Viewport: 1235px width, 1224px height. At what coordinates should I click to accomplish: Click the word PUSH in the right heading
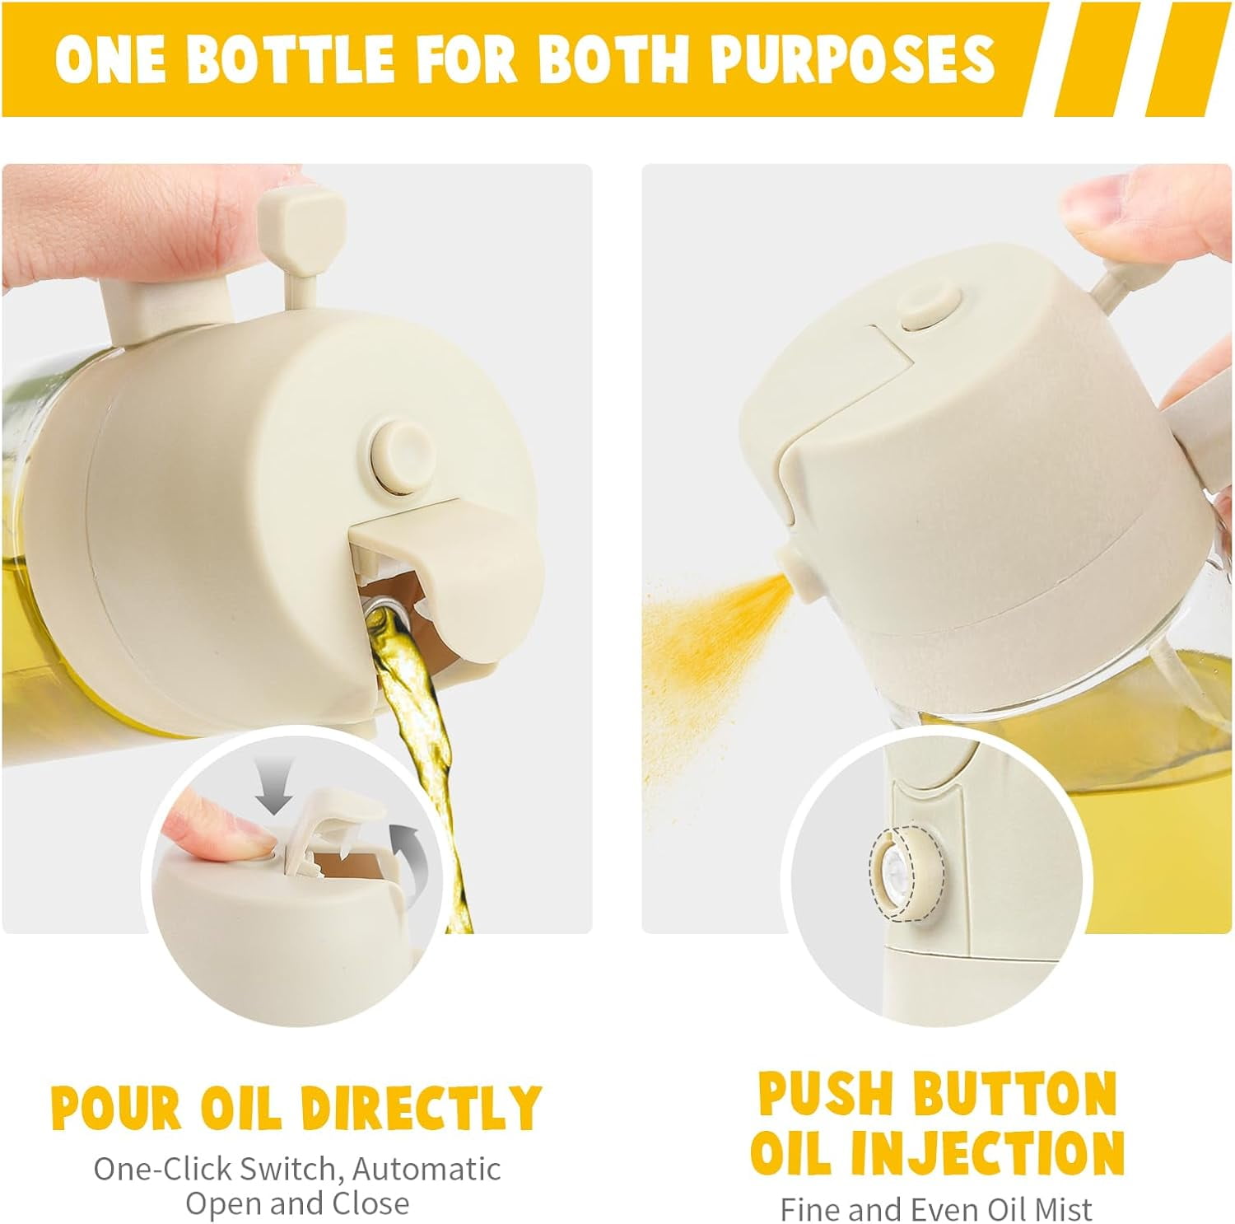[827, 1093]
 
